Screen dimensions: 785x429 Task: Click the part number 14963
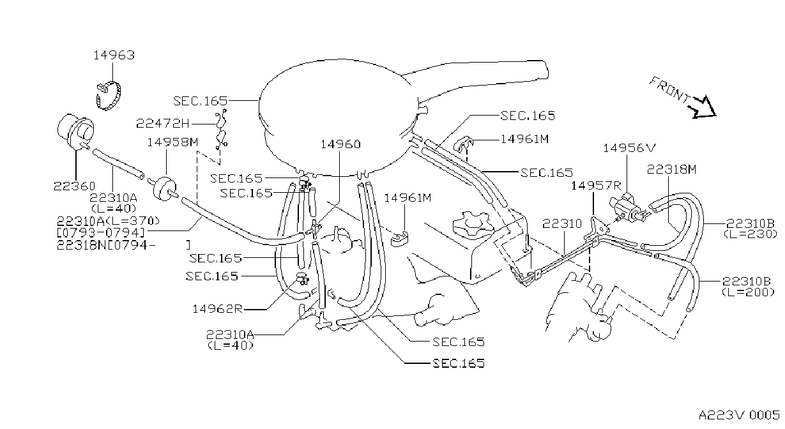click(114, 56)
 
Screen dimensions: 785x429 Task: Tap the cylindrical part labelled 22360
click(75, 132)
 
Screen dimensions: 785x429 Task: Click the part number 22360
click(74, 186)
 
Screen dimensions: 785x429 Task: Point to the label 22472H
click(163, 123)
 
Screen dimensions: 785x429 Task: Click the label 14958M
click(172, 142)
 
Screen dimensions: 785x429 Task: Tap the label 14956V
click(629, 148)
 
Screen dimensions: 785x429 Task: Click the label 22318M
click(671, 170)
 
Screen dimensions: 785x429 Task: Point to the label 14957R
click(596, 186)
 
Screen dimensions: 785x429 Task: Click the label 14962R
click(217, 309)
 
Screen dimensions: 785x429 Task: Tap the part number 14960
click(340, 144)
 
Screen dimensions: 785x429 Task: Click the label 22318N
click(80, 245)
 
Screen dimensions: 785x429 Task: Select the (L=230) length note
click(750, 234)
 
